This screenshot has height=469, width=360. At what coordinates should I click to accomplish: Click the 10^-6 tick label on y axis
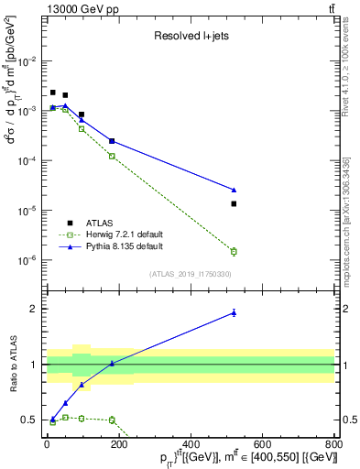pos(30,260)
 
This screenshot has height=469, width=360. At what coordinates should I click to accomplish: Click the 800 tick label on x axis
pos(333,444)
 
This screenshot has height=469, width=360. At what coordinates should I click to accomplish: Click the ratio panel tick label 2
pos(34,309)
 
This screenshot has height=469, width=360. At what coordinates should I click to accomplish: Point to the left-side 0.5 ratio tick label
pos(30,420)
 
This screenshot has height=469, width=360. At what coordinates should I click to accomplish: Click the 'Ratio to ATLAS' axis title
pos(11,365)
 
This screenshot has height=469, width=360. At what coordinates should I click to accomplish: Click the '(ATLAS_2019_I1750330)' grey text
pos(190,274)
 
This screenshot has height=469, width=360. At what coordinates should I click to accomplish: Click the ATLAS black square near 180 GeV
pos(112,141)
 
